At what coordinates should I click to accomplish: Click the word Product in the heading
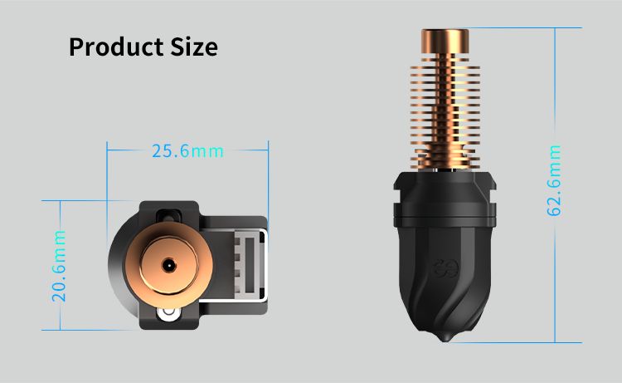tap(116, 47)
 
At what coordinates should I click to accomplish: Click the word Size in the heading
tap(194, 47)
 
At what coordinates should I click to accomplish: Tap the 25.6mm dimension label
tap(187, 151)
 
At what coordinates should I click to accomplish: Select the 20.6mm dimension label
tap(59, 265)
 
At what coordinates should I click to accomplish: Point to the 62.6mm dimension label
tap(554, 181)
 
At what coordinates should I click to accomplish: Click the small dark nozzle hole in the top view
tap(168, 264)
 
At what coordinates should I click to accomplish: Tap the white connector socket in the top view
tap(249, 265)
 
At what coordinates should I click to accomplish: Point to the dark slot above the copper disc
tap(168, 217)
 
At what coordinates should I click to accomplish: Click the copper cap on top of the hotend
tap(445, 41)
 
